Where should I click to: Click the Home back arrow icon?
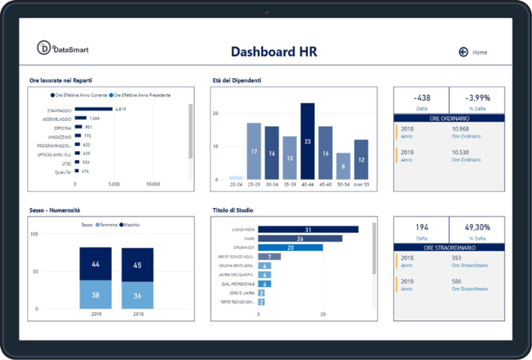click(463, 52)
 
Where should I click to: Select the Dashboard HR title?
click(274, 52)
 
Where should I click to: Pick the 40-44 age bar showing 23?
click(307, 141)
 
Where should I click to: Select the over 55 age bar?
click(361, 159)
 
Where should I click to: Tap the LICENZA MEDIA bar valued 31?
click(308, 229)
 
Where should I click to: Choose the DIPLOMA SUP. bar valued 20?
click(290, 248)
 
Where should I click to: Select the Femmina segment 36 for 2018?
click(138, 295)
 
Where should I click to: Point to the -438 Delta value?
click(421, 98)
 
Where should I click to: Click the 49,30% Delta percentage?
click(477, 227)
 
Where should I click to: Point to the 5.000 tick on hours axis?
click(114, 184)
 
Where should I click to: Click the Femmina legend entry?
click(106, 225)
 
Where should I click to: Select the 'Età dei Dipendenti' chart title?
click(236, 80)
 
